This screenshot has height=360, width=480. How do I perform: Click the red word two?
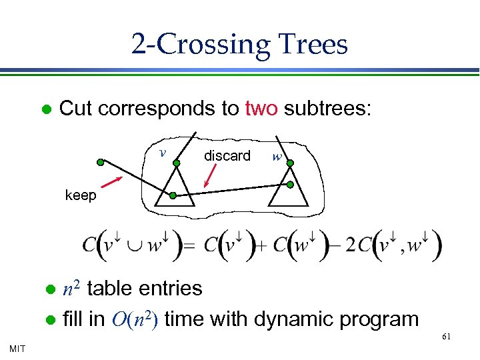click(261, 109)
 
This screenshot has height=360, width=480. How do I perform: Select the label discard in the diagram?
click(227, 155)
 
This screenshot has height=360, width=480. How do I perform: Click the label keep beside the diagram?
click(81, 195)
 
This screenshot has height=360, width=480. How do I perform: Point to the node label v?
click(163, 152)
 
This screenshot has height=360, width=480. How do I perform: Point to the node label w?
click(277, 158)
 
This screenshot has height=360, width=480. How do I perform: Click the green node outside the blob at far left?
click(100, 162)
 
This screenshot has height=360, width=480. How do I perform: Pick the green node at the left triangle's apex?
click(177, 162)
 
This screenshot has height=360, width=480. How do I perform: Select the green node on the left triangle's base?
click(173, 196)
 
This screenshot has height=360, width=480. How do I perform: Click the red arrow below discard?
click(210, 177)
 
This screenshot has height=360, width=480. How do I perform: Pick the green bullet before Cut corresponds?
click(46, 109)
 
